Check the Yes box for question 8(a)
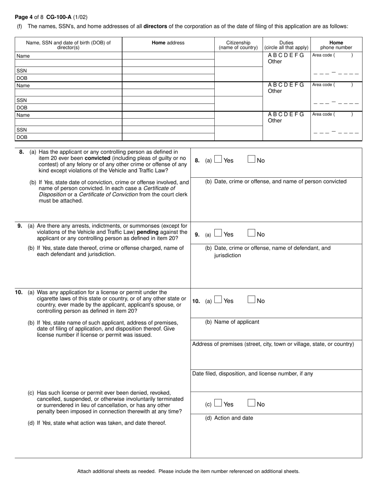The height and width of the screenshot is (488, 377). tap(218, 159)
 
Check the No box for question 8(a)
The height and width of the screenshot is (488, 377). tap(251, 159)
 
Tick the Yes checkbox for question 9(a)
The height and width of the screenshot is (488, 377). tap(218, 233)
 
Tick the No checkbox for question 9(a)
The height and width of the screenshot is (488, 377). tap(251, 233)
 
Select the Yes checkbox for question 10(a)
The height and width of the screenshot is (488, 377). tap(218, 300)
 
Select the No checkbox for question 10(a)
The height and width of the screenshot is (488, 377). tap(251, 300)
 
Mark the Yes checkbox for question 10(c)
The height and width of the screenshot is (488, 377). tap(218, 403)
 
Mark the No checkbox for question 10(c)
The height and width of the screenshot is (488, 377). tap(251, 403)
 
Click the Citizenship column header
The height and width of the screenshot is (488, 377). tap(239, 45)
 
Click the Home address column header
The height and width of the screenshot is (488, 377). tap(168, 43)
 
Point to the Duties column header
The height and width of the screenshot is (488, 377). tap(286, 45)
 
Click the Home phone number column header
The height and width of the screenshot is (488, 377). tap(336, 45)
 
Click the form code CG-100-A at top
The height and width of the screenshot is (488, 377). tap(59, 17)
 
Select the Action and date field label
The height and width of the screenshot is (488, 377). tap(229, 418)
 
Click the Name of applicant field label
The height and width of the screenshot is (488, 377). tap(232, 322)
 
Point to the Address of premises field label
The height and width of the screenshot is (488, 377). tap(273, 344)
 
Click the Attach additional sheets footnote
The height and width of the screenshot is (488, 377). tap(188, 471)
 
